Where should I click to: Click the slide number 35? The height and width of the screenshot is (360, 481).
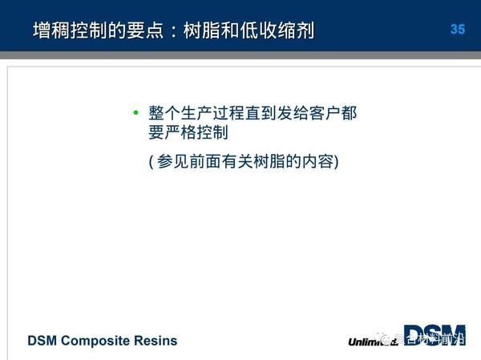click(x=457, y=30)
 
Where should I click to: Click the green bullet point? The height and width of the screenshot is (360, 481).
click(x=135, y=112)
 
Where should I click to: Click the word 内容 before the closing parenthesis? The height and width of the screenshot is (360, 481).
click(x=318, y=161)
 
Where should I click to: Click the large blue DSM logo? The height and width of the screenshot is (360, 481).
click(x=434, y=334)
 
